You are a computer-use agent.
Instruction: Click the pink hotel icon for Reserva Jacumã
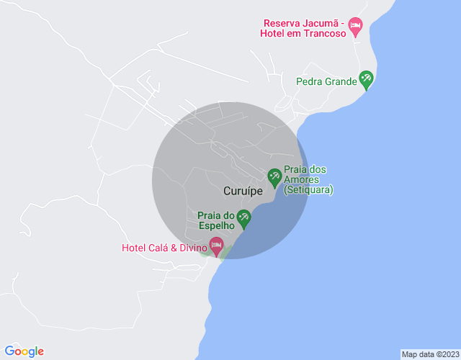point(355,26)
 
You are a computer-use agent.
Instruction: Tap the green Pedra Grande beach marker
point(366,80)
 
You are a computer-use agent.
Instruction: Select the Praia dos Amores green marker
point(274,176)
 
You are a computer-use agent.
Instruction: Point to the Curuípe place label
point(243,192)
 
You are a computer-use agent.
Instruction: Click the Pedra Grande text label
point(326,81)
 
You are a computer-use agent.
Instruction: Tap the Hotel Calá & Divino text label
point(164,248)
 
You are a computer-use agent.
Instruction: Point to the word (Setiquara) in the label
point(308,190)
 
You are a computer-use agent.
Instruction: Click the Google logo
point(24,351)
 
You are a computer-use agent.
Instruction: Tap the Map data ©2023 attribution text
point(429,354)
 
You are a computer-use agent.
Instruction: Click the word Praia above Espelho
point(210,215)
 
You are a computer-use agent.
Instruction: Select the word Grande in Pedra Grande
point(341,81)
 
